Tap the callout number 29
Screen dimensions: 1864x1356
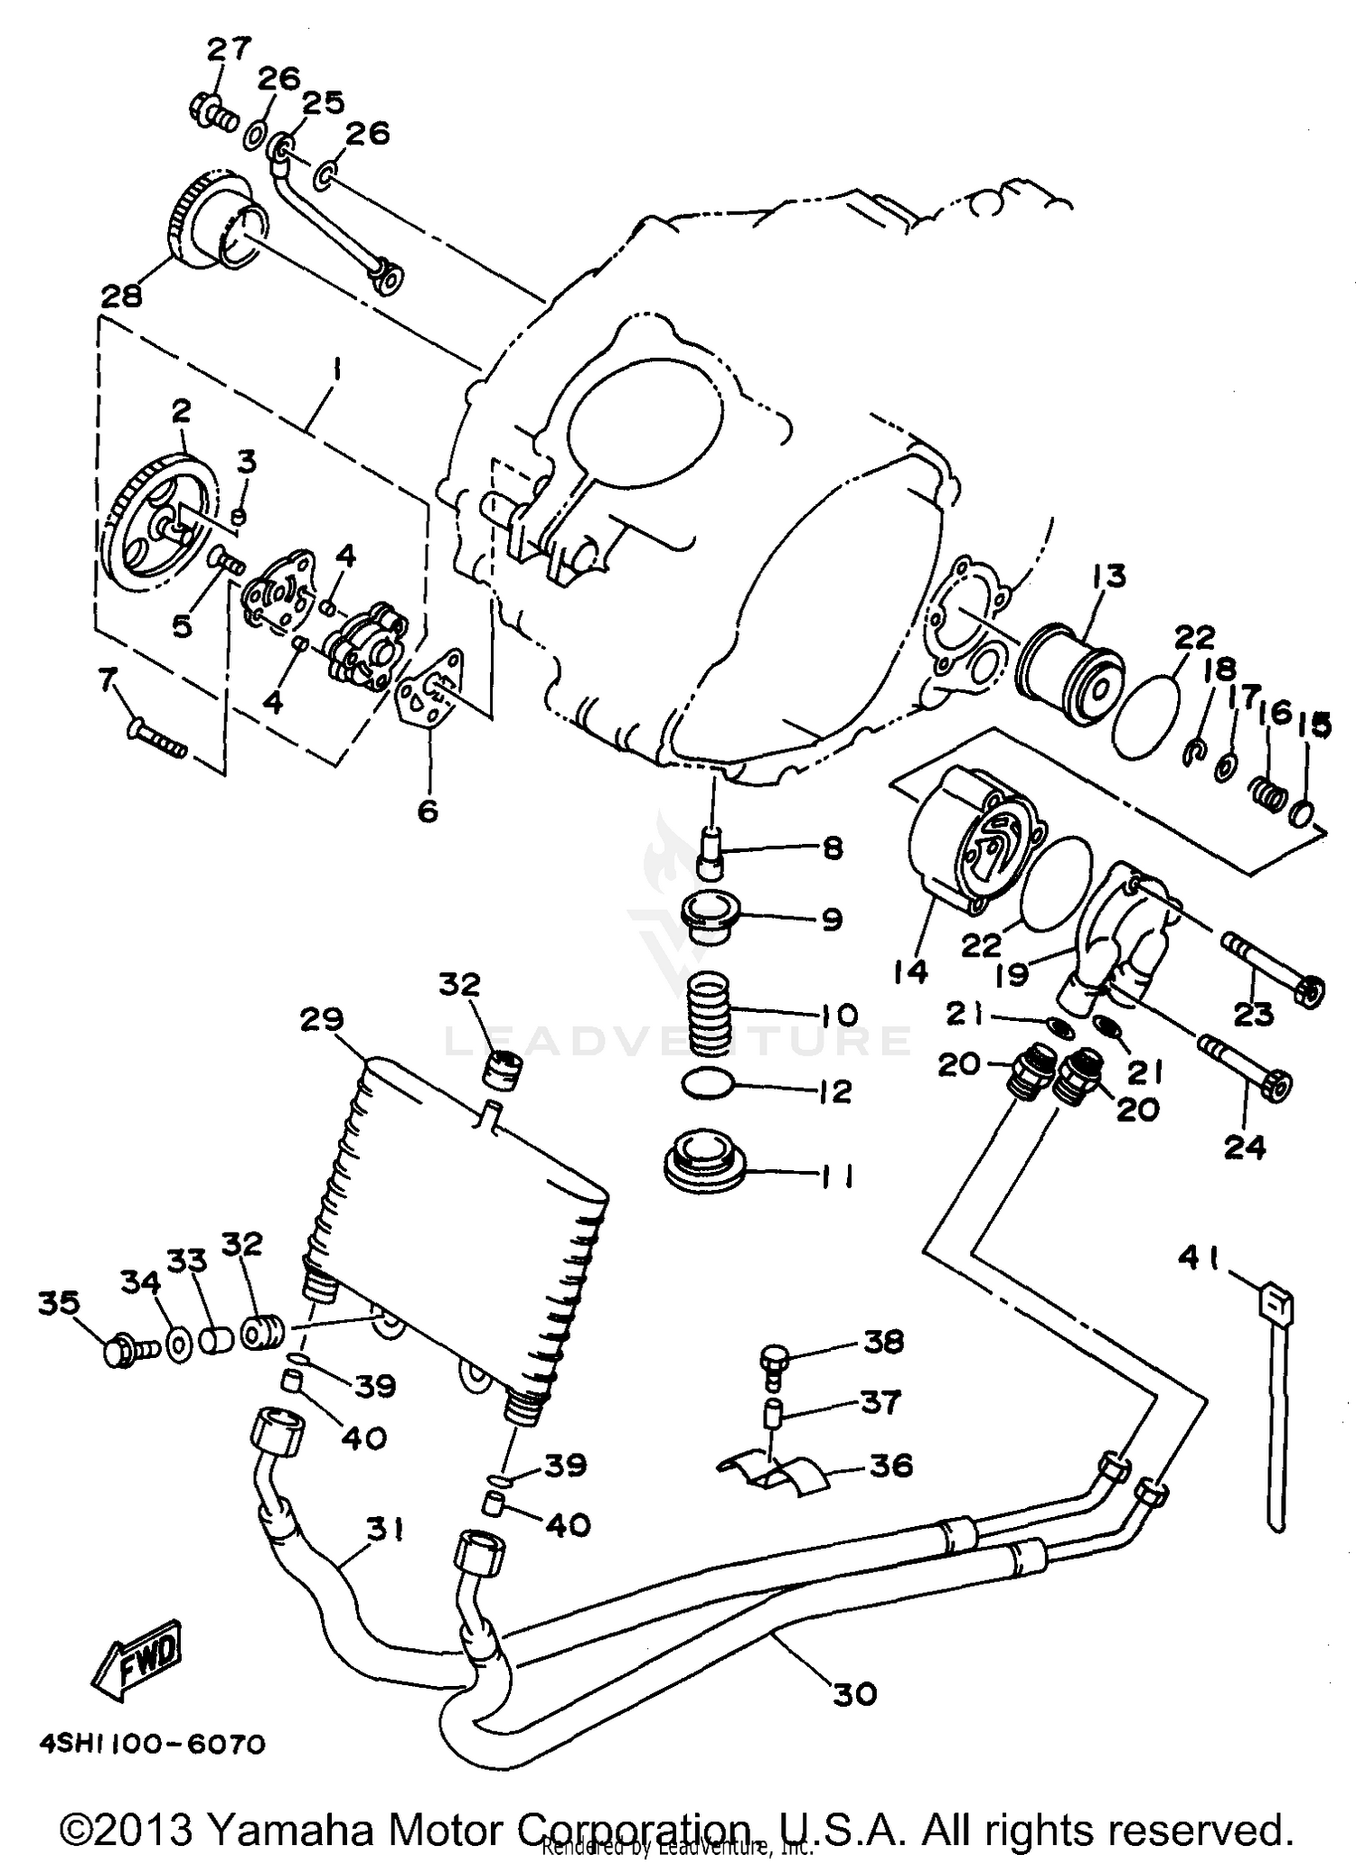(324, 1020)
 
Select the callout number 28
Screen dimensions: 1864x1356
(122, 295)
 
